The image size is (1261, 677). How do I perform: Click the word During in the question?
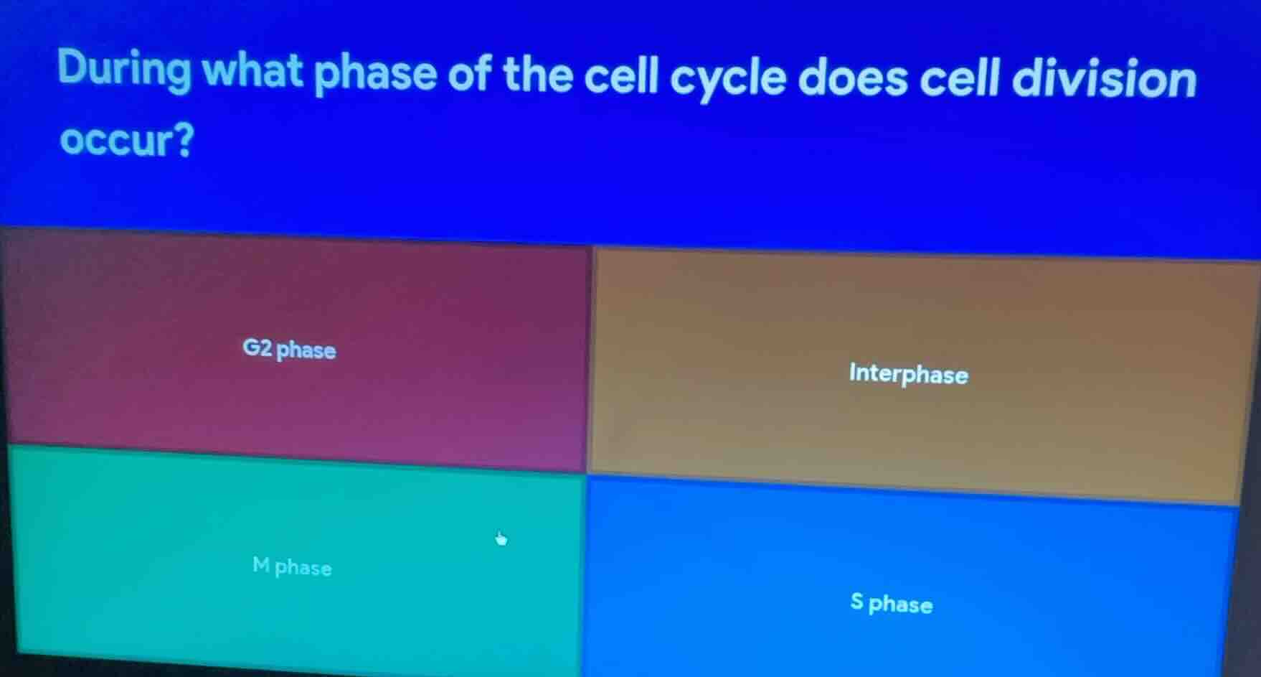124,70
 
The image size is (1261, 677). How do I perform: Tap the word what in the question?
252,71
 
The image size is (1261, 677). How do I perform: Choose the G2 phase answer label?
289,350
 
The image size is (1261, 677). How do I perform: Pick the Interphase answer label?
908,374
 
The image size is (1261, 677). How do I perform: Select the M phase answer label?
292,567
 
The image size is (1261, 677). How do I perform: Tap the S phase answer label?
891,603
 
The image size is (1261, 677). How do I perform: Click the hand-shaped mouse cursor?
501,538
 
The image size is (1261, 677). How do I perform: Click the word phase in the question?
375,74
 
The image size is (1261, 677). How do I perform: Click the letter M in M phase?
261,566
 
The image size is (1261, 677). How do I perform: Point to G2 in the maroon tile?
258,348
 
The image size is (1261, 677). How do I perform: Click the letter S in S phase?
856,601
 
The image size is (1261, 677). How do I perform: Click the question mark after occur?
184,141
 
